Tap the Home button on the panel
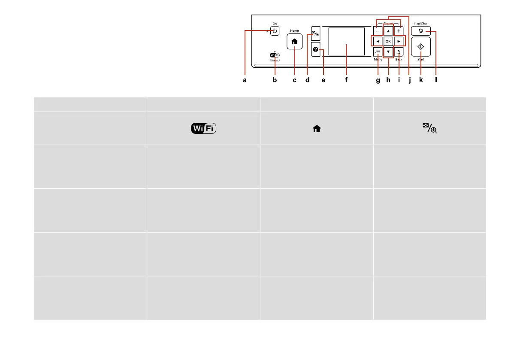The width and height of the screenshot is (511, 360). pyautogui.click(x=294, y=42)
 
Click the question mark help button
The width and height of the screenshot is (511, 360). pyautogui.click(x=316, y=50)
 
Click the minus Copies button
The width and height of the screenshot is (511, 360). pyautogui.click(x=378, y=31)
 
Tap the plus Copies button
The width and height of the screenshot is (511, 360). pyautogui.click(x=399, y=31)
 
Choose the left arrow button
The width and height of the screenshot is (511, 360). pyautogui.click(x=378, y=41)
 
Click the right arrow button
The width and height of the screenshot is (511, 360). pyautogui.click(x=399, y=41)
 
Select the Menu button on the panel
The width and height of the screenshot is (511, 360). pyautogui.click(x=378, y=51)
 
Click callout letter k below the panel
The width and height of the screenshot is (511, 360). pyautogui.click(x=420, y=80)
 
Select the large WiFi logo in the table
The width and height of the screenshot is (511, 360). pyautogui.click(x=203, y=128)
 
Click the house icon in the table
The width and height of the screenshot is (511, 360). pyautogui.click(x=317, y=128)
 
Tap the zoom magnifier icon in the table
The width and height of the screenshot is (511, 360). pyautogui.click(x=429, y=128)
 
